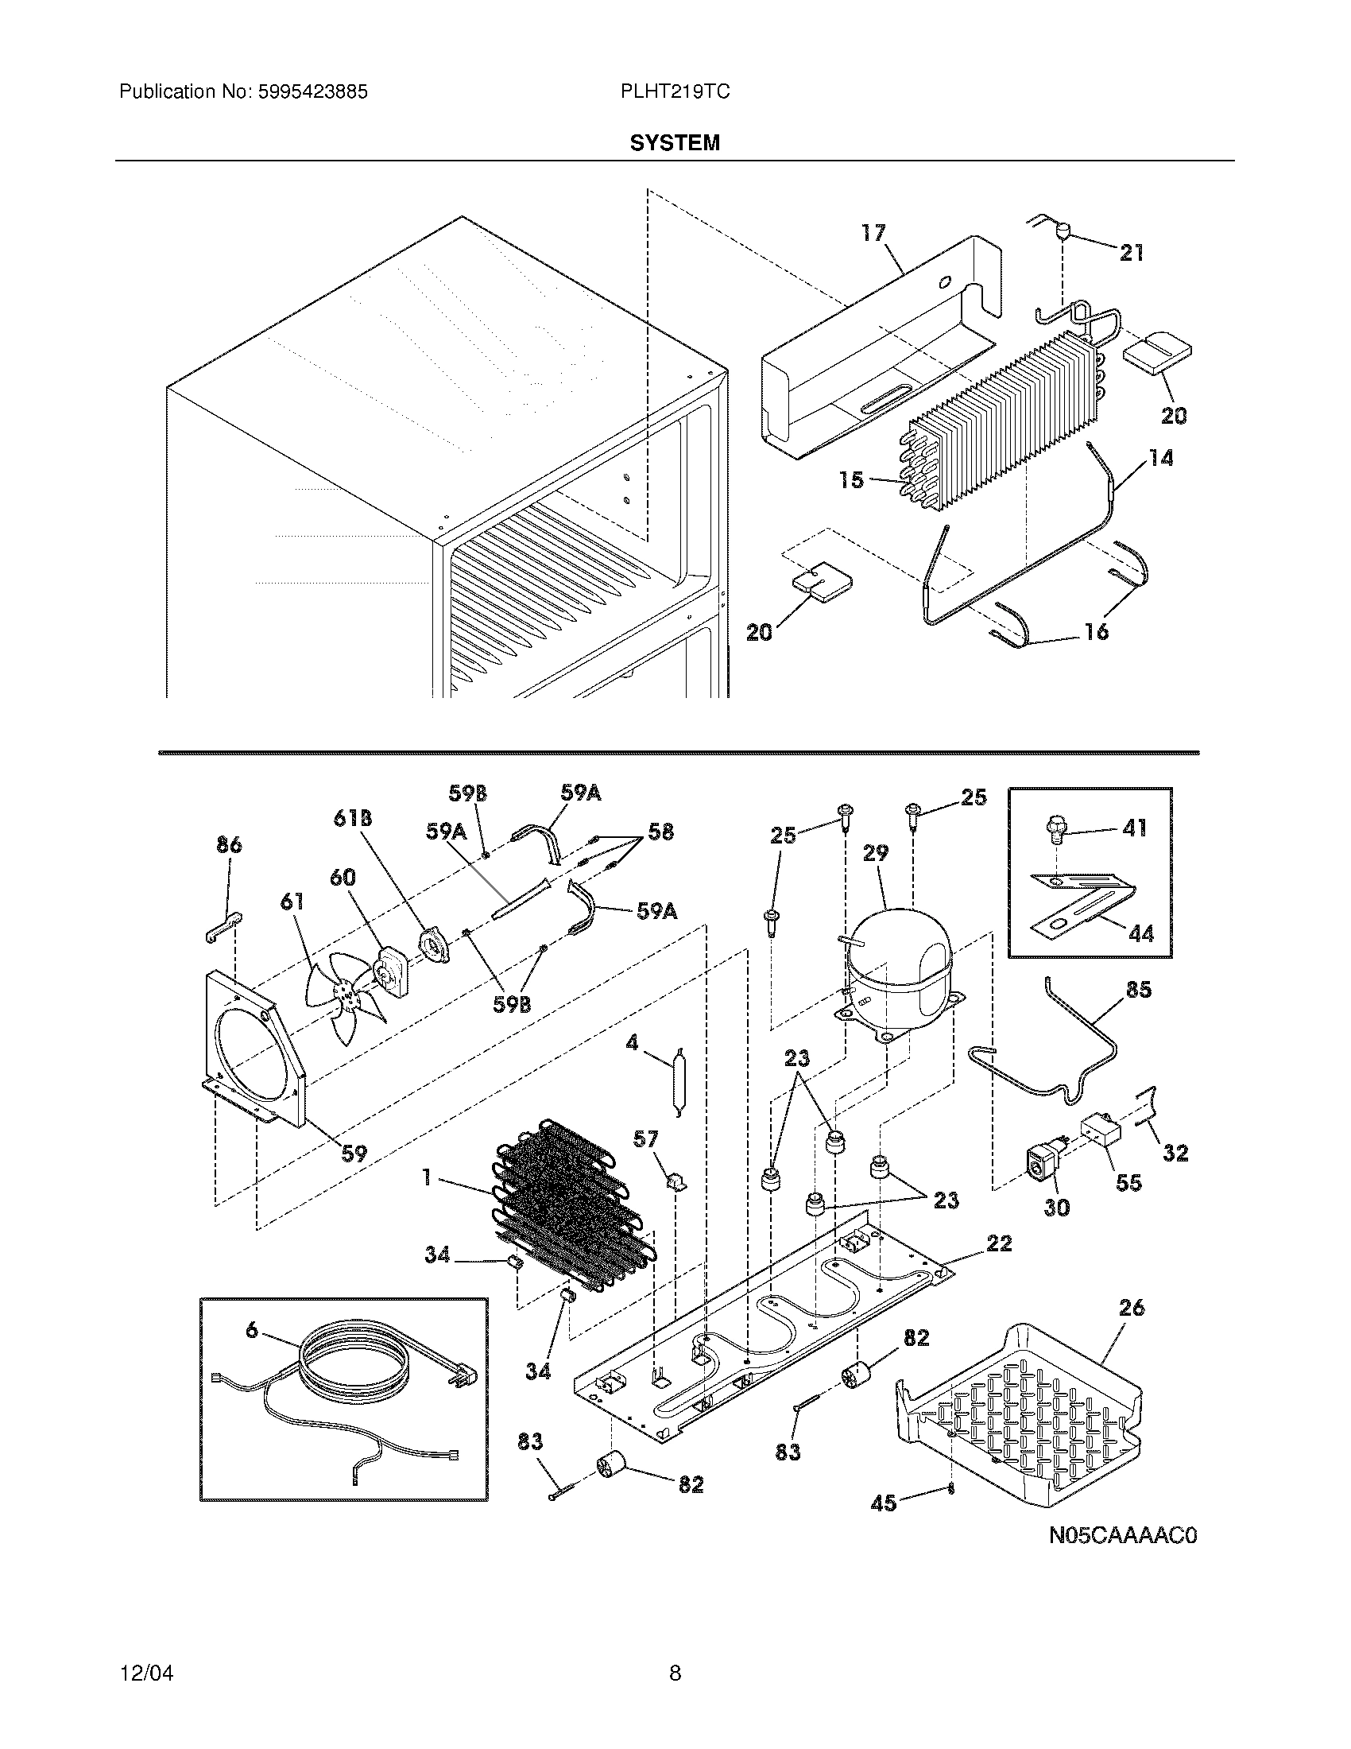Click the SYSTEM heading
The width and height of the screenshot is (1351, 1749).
pos(674,142)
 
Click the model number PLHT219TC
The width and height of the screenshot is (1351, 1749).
pos(674,92)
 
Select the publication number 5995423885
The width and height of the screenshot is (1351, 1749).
pos(312,92)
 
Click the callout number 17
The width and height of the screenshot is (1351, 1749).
pos(873,233)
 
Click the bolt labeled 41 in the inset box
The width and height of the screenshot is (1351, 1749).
pos(1056,833)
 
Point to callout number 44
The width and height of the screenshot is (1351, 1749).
pos(1140,933)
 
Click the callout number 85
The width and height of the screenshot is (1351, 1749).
pos(1138,990)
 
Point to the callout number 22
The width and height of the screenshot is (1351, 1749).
pos(998,1243)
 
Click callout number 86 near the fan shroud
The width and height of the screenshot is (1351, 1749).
pos(229,845)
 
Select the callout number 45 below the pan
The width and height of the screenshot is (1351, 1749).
pos(884,1503)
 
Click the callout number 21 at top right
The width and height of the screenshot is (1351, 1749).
pos(1131,253)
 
